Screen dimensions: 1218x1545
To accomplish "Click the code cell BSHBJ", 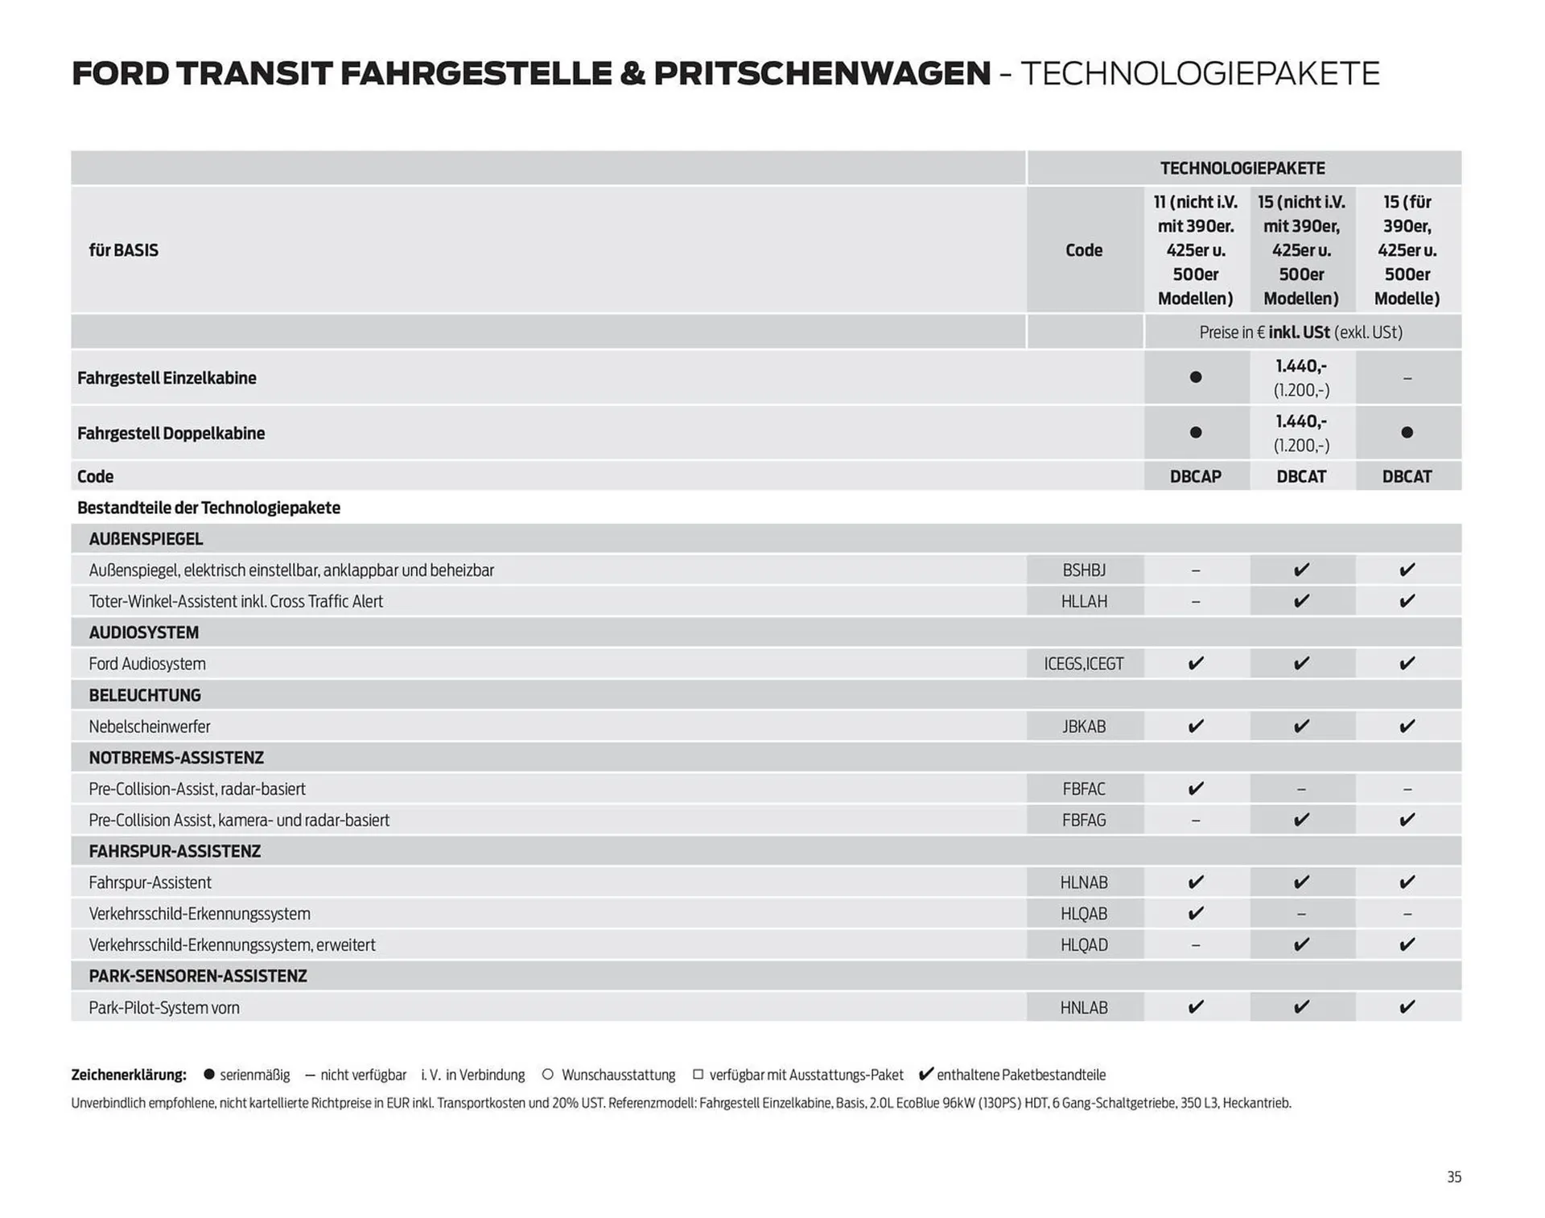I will click(x=1083, y=570).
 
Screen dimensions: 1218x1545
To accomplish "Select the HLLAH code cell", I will click(x=1083, y=602).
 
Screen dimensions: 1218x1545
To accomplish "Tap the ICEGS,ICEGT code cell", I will click(x=1083, y=664).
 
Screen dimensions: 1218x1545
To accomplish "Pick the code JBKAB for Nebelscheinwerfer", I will click(x=1083, y=726).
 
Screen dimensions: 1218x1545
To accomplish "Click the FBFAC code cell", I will click(x=1083, y=789).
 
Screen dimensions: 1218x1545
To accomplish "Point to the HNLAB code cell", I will click(x=1083, y=1007).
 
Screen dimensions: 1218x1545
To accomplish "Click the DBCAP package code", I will click(x=1195, y=476).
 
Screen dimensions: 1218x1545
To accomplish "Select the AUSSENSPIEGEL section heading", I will click(x=146, y=539).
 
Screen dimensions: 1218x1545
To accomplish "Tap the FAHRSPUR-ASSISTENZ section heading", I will click(x=175, y=851).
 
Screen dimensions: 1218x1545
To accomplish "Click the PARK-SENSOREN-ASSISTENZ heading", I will click(x=198, y=976).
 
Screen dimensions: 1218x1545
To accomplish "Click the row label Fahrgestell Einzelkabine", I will click(x=167, y=378).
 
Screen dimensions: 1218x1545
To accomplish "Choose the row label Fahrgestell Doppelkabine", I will click(x=171, y=434).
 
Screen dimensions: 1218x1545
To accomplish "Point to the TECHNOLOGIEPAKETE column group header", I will click(x=1242, y=168).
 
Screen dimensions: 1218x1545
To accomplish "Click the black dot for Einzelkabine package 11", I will click(x=1196, y=377).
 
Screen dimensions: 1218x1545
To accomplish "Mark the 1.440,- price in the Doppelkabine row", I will click(x=1300, y=422).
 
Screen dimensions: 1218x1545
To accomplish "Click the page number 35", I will click(x=1453, y=1177).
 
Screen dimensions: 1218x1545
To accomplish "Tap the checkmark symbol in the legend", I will click(x=925, y=1074).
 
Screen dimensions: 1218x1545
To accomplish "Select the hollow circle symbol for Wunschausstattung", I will click(x=548, y=1075).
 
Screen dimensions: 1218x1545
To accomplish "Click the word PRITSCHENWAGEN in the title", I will click(x=822, y=73).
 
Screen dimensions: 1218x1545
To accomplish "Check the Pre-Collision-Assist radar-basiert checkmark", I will click(x=1196, y=789).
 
